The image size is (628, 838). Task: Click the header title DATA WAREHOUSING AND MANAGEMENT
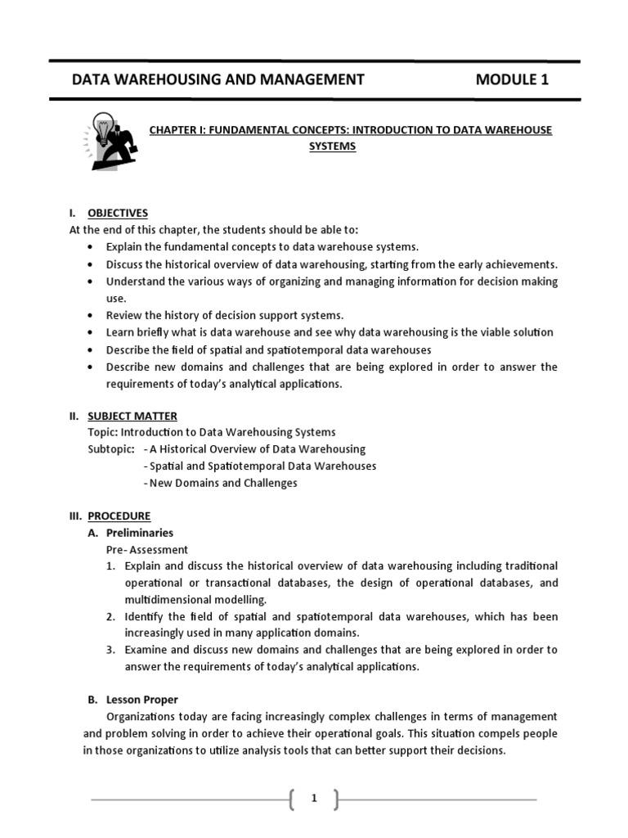[x=218, y=79]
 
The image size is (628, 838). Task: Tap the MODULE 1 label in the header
[x=512, y=79]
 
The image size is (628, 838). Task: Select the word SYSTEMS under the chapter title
[x=332, y=147]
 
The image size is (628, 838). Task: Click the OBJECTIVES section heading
[x=118, y=213]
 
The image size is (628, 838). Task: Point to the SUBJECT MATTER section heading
[x=132, y=416]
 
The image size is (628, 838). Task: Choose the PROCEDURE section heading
[x=119, y=516]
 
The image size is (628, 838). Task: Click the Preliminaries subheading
[x=140, y=533]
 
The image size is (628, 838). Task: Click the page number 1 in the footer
[x=313, y=799]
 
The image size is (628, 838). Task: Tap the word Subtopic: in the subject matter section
[x=111, y=449]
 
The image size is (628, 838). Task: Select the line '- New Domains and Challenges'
[x=220, y=483]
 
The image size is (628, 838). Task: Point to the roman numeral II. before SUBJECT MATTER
[x=74, y=416]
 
